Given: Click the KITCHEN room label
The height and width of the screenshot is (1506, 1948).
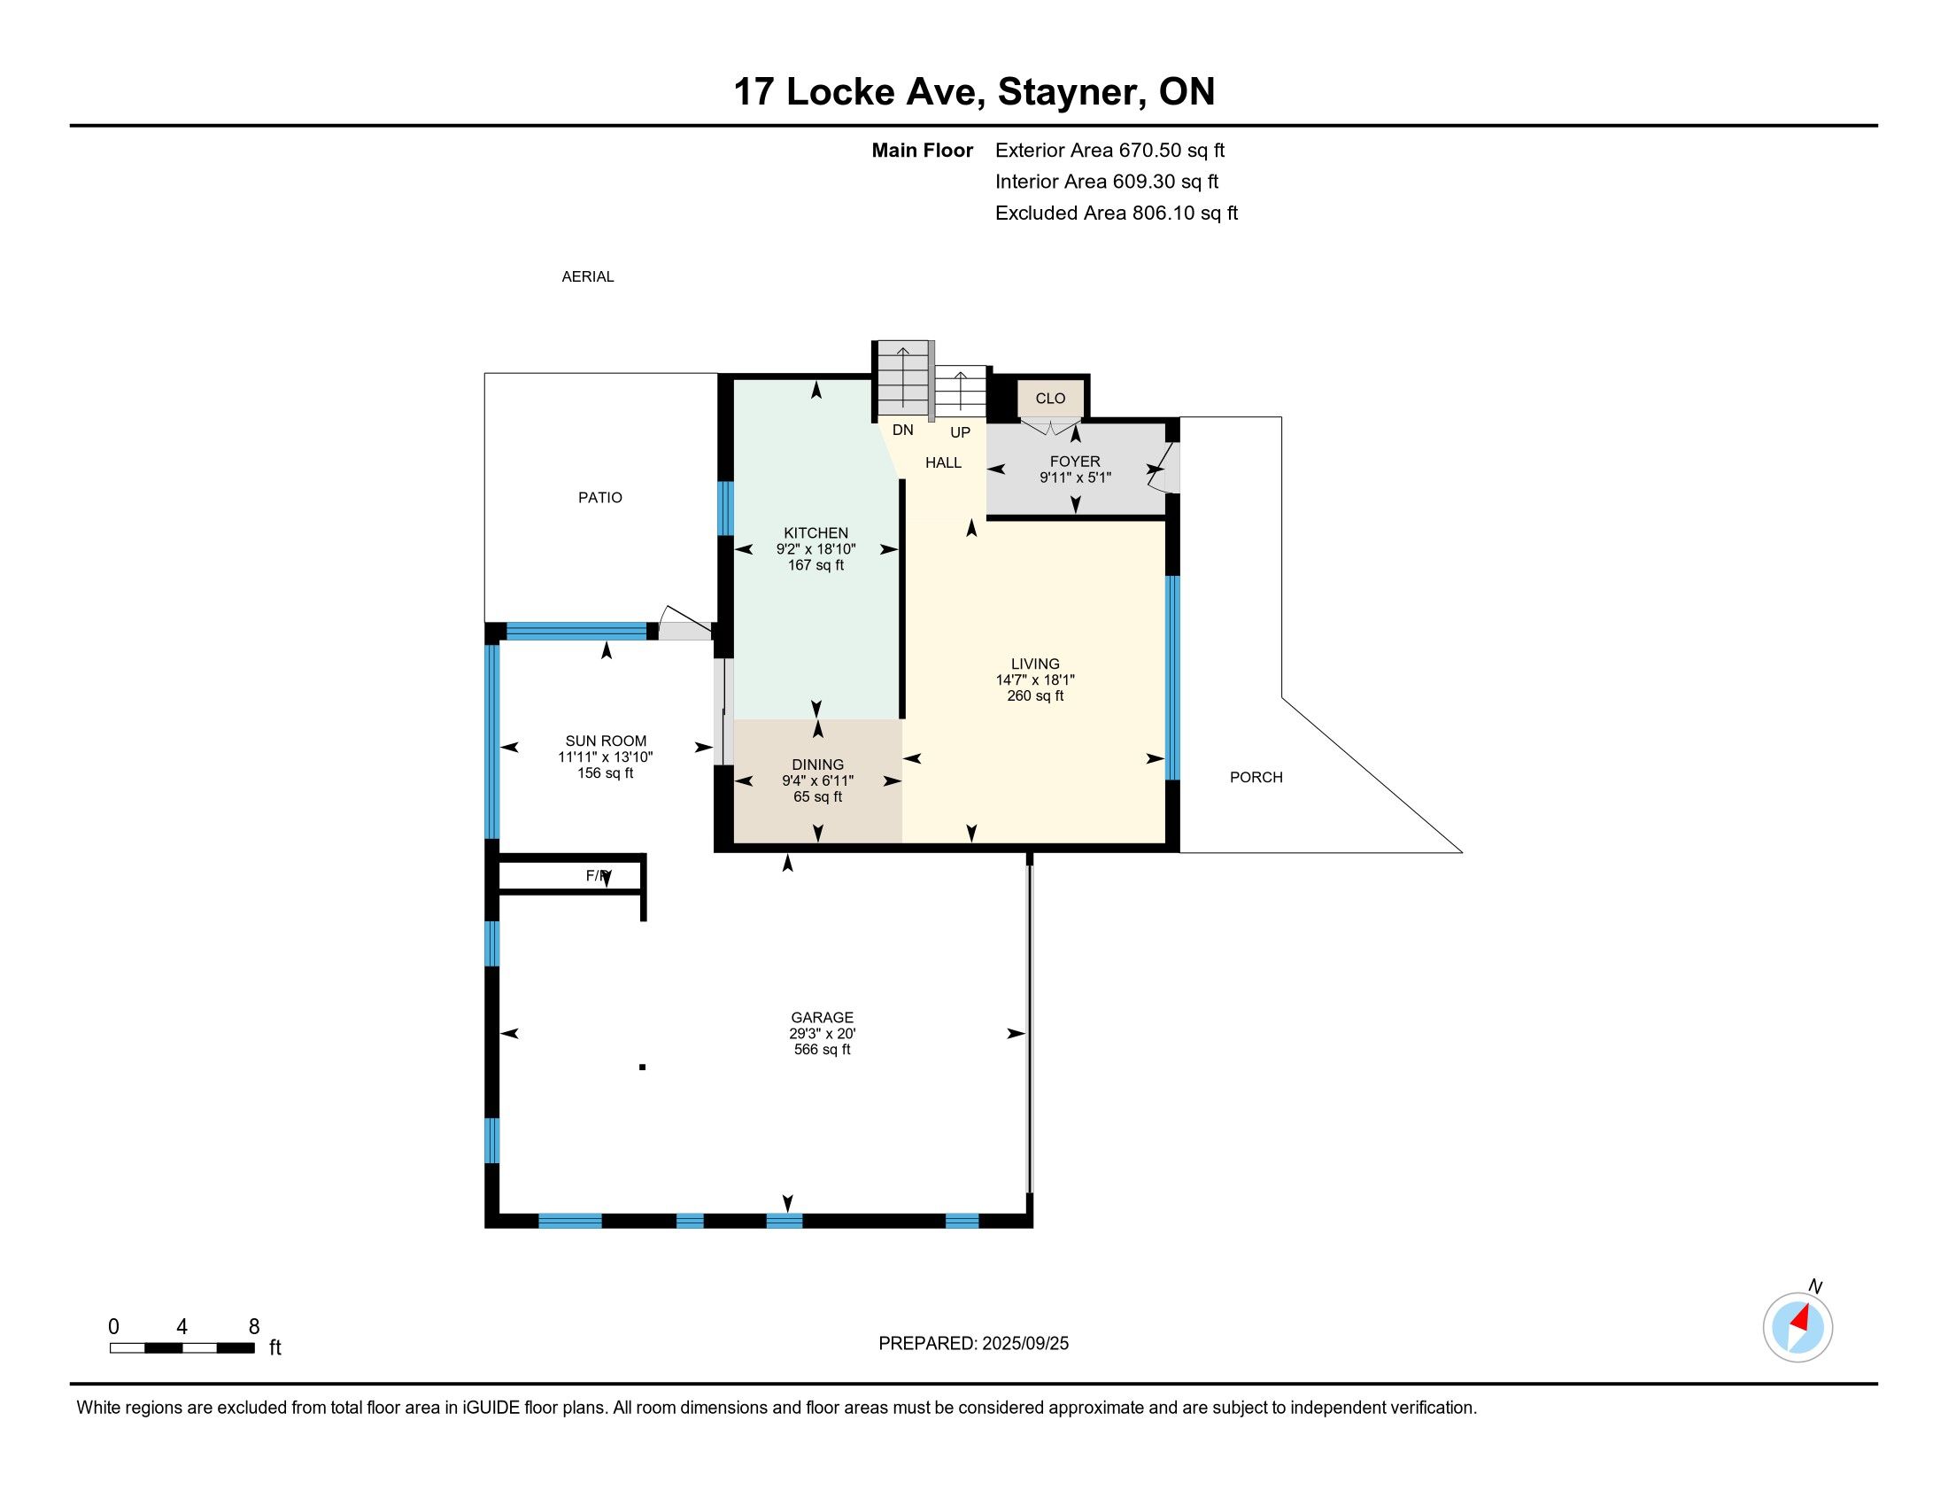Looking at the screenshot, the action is click(816, 533).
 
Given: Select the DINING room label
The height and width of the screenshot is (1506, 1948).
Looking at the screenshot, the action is click(817, 765).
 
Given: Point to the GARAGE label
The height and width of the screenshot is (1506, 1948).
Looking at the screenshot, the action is click(822, 1017).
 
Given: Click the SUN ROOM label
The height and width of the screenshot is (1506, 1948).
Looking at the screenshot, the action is click(606, 741).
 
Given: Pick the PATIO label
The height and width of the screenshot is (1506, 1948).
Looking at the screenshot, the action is click(600, 498).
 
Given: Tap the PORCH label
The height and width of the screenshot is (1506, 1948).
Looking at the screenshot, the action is click(1256, 777).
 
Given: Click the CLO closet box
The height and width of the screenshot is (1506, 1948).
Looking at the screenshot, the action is click(1050, 398).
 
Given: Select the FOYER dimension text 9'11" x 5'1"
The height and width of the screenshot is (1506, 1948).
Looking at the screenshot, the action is click(1075, 477).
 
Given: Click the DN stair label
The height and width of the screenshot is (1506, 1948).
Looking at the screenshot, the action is click(902, 430).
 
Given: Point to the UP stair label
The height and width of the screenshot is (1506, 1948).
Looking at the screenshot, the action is click(960, 432).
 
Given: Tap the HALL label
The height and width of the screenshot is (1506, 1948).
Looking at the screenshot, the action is click(943, 462).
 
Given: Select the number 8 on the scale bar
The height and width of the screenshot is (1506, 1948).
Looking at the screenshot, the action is click(254, 1327).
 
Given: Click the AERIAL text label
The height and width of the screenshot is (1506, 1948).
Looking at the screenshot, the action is click(588, 276).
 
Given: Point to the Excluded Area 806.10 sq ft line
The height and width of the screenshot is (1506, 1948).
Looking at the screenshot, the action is click(1116, 213).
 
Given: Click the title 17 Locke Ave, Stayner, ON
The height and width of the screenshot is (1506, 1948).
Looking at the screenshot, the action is click(974, 92).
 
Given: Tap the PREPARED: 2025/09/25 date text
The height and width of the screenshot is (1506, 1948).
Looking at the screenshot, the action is click(973, 1344).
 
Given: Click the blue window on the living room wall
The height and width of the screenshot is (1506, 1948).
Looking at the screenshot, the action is click(1173, 678).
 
